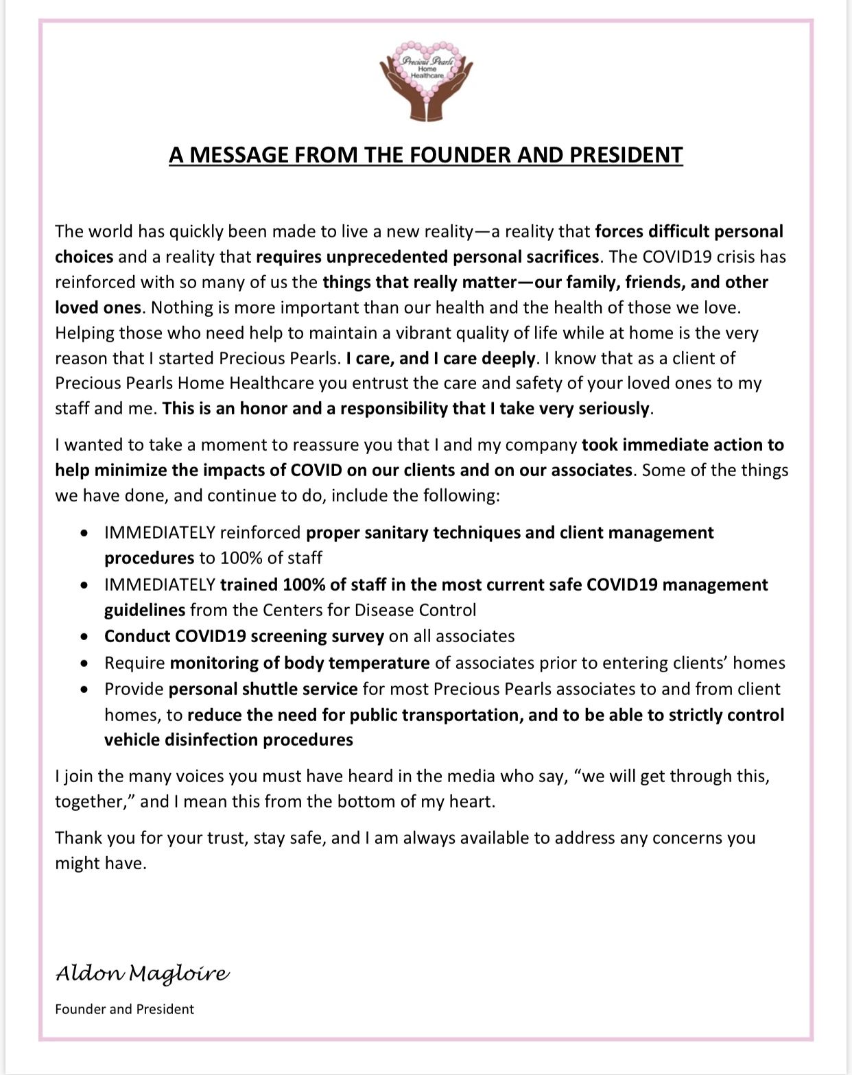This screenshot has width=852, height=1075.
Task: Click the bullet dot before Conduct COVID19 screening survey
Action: coord(84,637)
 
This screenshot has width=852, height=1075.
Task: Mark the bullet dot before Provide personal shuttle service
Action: coord(84,689)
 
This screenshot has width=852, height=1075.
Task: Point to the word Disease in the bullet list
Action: coord(384,610)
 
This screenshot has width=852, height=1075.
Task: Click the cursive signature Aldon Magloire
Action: coord(143,973)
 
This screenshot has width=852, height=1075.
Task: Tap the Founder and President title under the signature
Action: coord(125,1009)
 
